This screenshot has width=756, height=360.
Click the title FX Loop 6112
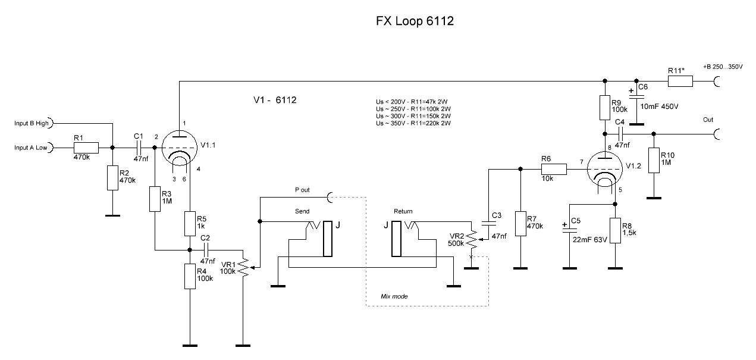coord(415,21)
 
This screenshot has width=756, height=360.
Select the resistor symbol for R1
coord(86,147)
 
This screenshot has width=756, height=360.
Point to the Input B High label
coord(32,124)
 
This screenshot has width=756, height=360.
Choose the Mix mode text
coord(394,296)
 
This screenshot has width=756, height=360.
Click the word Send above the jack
coord(303,211)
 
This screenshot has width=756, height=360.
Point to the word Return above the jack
coord(403,211)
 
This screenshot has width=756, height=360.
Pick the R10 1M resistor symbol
coord(654,160)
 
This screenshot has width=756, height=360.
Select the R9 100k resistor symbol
coord(605,108)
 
